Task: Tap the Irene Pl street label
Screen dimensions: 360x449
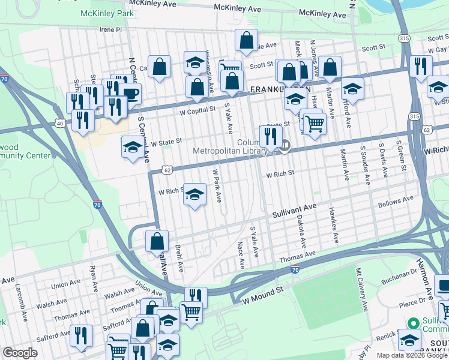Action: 110,29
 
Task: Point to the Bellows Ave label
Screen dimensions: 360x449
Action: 396,201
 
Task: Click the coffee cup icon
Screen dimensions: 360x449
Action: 129,93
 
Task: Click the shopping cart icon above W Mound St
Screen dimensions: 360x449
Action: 191,311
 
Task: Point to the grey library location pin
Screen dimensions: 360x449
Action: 286,145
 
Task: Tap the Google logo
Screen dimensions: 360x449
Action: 20,353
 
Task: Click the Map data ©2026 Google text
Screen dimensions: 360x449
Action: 412,355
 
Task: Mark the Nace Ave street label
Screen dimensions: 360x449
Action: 241,254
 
